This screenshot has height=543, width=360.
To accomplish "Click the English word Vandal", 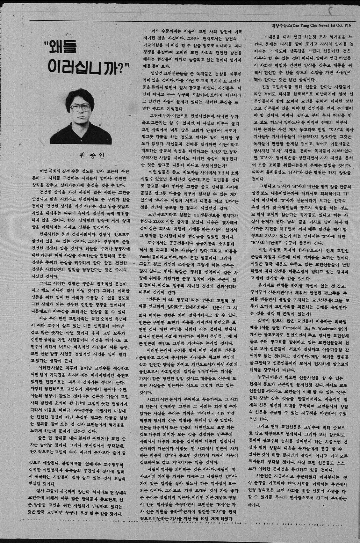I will (x=148, y=257).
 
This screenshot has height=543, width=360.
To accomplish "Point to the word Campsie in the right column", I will (x=297, y=327).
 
